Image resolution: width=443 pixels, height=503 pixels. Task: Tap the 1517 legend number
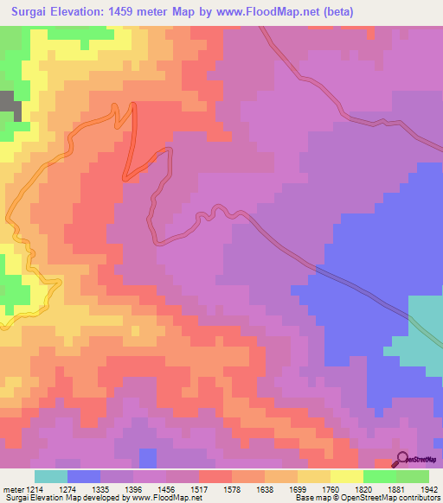199,487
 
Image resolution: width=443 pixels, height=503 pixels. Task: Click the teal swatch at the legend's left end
51,476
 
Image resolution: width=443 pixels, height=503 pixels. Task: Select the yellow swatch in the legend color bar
346,476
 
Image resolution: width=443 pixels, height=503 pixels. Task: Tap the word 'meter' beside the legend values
12,487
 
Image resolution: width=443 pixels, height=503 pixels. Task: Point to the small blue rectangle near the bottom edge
149,459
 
